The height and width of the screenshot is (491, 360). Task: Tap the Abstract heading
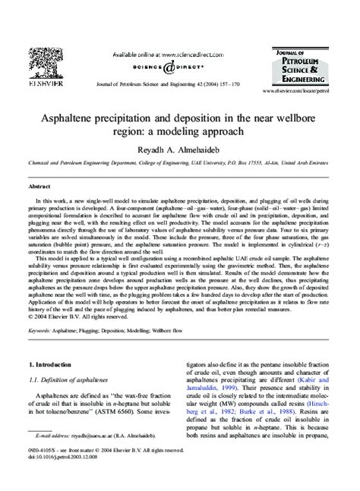(x=39, y=186)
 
